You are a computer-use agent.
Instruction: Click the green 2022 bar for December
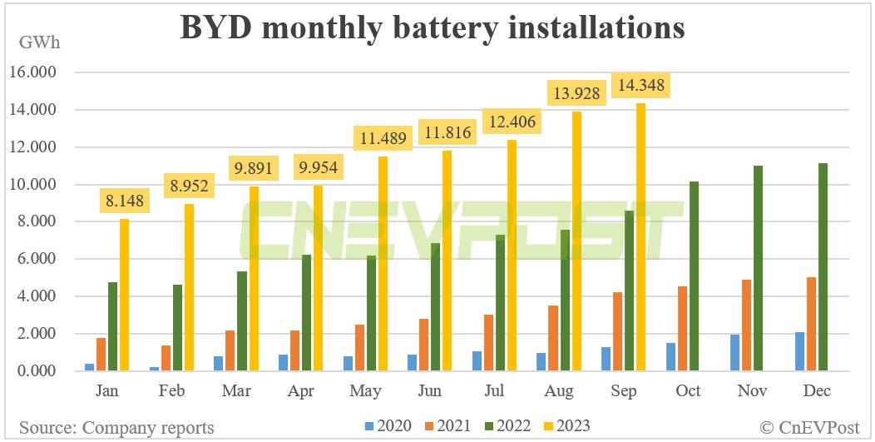[823, 267]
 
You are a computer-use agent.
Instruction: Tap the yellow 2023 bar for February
[188, 287]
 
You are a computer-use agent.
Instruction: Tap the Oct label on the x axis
[689, 390]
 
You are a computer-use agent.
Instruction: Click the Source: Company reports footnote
[116, 427]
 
